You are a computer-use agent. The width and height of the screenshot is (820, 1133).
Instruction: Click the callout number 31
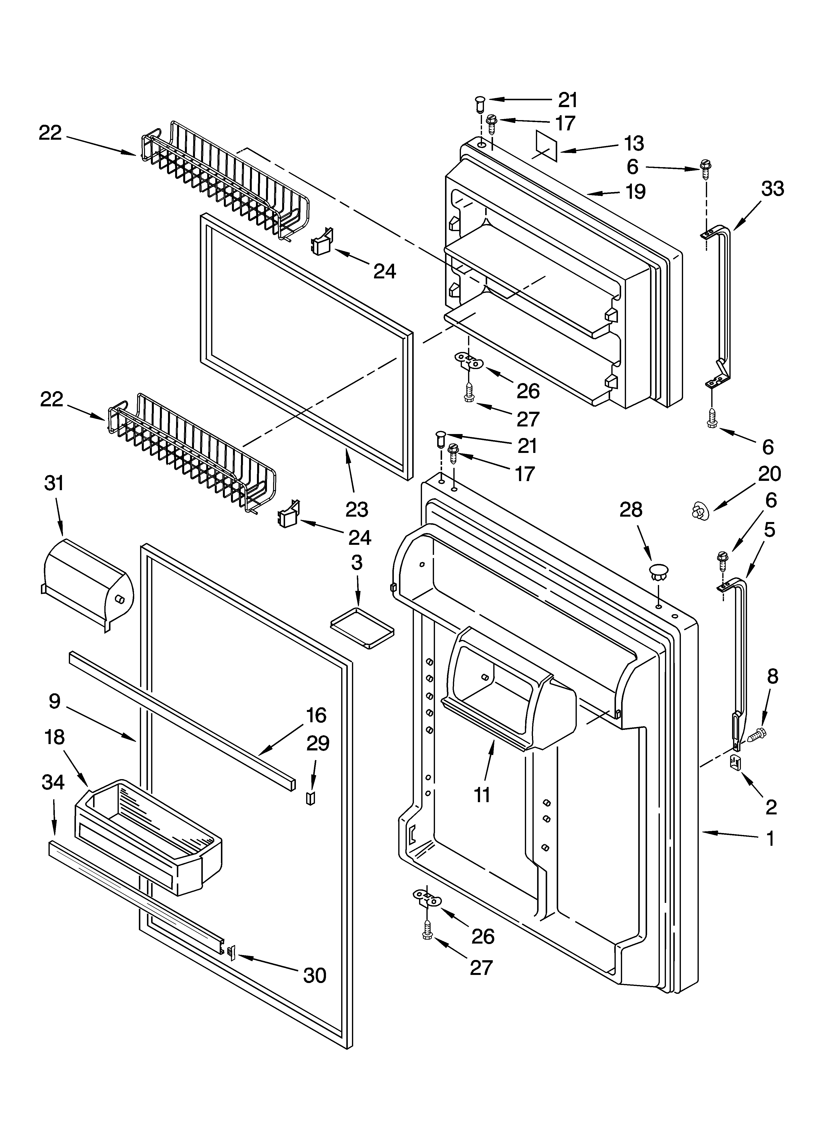click(x=54, y=484)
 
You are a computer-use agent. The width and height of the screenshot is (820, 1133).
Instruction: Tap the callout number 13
click(x=634, y=144)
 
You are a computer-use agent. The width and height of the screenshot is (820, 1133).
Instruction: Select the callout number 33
click(x=772, y=189)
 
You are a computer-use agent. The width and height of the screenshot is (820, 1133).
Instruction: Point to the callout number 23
click(x=357, y=510)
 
